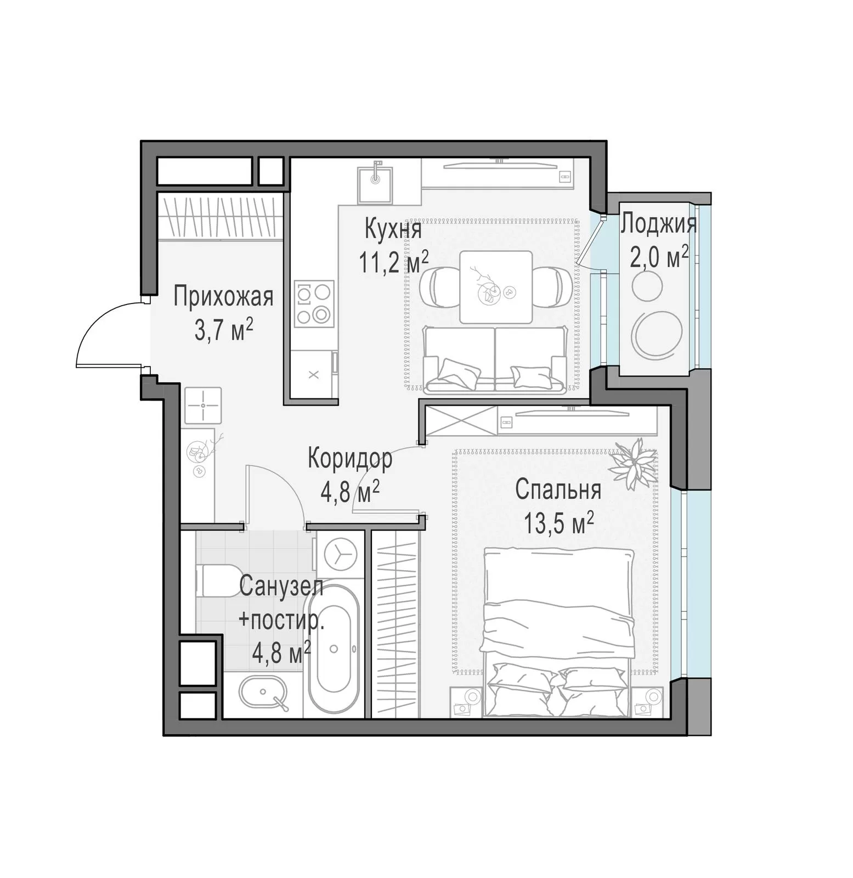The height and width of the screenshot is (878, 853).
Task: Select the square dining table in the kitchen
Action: click(496, 288)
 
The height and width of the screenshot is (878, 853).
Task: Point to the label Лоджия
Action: click(659, 225)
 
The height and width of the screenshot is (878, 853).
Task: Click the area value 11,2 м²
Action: click(393, 262)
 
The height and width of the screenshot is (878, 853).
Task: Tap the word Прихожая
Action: click(223, 297)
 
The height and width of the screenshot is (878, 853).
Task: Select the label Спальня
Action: click(558, 490)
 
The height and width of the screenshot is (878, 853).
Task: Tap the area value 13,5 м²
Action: click(558, 524)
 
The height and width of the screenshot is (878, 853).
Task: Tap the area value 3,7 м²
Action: click(224, 331)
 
